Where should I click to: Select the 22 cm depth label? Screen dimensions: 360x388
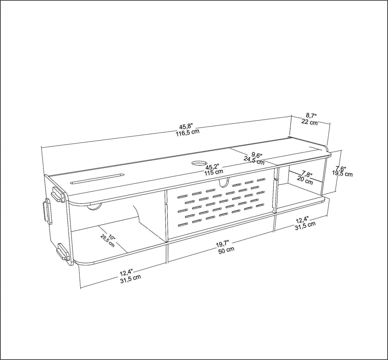pyautogui.click(x=309, y=122)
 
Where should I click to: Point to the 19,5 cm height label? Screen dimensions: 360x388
pyautogui.click(x=342, y=174)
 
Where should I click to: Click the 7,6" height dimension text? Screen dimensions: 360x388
pyautogui.click(x=341, y=168)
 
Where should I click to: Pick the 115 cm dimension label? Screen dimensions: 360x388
pyautogui.click(x=214, y=172)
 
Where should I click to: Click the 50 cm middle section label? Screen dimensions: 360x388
pyautogui.click(x=226, y=250)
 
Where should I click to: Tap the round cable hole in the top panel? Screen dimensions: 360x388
pyautogui.click(x=199, y=163)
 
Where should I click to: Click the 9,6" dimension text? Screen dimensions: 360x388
pyautogui.click(x=257, y=154)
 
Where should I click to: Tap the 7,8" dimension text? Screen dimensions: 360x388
pyautogui.click(x=307, y=175)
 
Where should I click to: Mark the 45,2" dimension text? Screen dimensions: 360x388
pyautogui.click(x=212, y=167)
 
